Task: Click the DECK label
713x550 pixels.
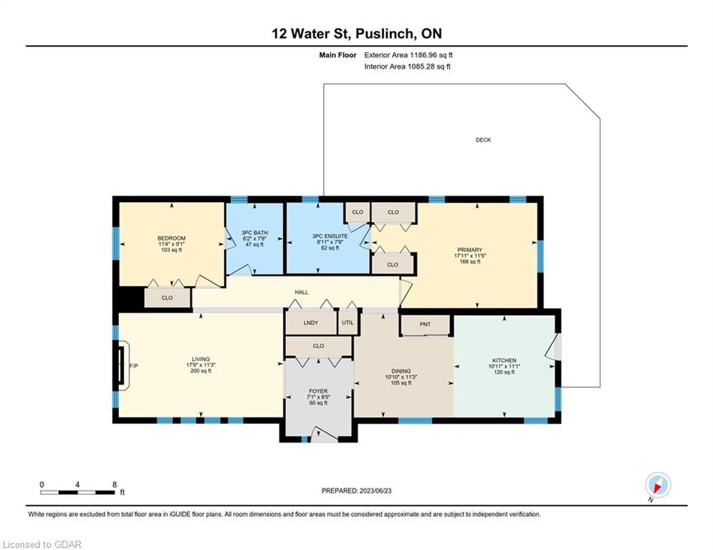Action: pos(483,140)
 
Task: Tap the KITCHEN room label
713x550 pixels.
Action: pos(504,360)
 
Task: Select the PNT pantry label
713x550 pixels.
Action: pos(425,324)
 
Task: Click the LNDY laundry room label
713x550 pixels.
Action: pos(310,323)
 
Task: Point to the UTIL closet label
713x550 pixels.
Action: pos(348,323)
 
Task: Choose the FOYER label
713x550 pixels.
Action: pos(318,391)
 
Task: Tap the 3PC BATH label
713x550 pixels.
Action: pos(254,233)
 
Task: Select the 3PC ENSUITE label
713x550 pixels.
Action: pos(330,236)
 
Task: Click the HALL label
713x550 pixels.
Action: pos(302,292)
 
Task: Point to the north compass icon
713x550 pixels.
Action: pos(658,486)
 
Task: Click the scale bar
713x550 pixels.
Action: pos(77,492)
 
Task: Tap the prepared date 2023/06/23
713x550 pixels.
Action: pos(375,491)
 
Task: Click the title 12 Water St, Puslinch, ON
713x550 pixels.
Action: pos(357,34)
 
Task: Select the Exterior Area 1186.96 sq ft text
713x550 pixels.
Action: pos(408,55)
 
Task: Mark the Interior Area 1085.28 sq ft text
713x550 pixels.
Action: pos(408,67)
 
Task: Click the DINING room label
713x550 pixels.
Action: pos(401,372)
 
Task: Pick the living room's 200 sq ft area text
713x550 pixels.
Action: pos(201,371)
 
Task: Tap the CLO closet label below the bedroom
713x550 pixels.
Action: pos(167,298)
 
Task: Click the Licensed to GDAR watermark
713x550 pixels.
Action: pos(42,544)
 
